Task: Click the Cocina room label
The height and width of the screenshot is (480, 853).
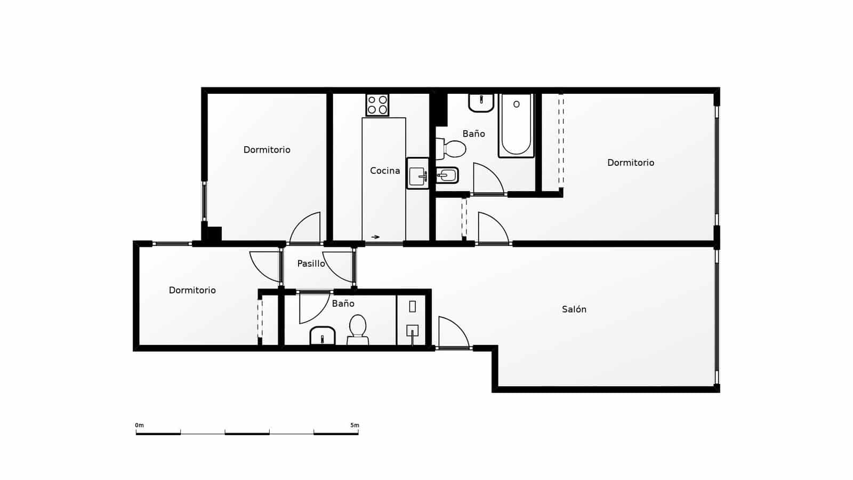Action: coord(384,171)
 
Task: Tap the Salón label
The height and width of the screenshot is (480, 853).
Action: coord(574,309)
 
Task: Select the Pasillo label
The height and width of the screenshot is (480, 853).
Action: coord(311,263)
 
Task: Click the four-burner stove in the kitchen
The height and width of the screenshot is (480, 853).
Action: coord(377,105)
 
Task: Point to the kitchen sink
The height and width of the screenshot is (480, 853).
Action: coord(417,174)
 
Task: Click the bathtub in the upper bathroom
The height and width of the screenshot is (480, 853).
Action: coord(516,126)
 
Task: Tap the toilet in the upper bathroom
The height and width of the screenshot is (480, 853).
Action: coord(452,149)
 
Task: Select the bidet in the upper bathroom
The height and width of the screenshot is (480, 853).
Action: coord(446,175)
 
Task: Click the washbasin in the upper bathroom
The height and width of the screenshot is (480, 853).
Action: coord(481,102)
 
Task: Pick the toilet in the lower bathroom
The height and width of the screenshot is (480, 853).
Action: coord(358,330)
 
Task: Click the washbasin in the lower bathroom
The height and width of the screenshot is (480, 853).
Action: coord(322,336)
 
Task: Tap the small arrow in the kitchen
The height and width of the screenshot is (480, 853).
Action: coord(376,237)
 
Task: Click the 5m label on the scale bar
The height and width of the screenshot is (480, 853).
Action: coord(355,425)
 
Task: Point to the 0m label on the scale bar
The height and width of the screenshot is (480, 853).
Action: coord(139,425)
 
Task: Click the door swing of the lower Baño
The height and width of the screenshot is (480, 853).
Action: coord(311,306)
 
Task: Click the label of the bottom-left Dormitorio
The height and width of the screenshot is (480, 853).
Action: coord(192,290)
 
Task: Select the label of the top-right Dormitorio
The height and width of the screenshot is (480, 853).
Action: coord(630,163)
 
